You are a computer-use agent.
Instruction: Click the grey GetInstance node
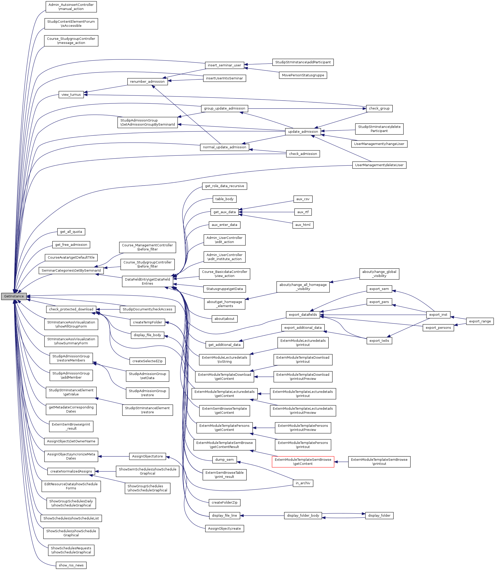point(14,296)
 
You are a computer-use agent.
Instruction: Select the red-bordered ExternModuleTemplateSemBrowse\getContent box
point(303,462)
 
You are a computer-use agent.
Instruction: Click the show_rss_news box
point(71,565)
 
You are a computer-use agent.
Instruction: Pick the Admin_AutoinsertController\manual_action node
point(71,7)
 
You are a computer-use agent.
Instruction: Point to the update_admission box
point(303,131)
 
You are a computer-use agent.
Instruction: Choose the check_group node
point(379,108)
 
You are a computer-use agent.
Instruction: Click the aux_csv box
point(303,199)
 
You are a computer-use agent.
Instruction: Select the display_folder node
point(379,515)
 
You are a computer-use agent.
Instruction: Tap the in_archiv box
point(303,483)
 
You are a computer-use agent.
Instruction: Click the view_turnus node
point(71,95)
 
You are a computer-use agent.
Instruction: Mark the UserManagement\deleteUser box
point(379,165)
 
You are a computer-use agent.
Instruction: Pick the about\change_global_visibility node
point(379,274)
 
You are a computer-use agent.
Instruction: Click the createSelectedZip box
point(148,361)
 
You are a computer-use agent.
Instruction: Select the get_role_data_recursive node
point(224,186)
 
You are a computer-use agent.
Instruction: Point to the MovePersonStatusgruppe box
point(303,75)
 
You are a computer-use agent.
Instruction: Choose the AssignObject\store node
point(148,456)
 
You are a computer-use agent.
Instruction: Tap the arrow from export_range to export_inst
point(458,318)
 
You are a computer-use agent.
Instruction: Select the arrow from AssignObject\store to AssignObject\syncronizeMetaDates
point(114,456)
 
